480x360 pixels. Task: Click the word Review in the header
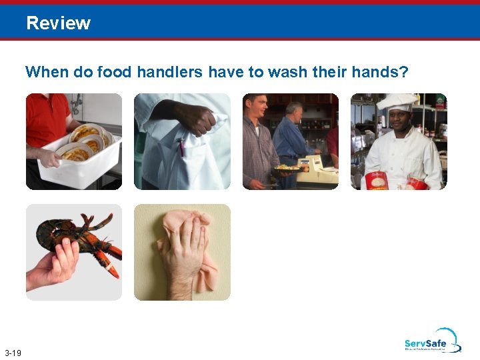point(58,23)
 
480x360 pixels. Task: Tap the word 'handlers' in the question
point(170,72)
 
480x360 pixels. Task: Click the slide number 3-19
point(13,352)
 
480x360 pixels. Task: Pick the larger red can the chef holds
point(377,180)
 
